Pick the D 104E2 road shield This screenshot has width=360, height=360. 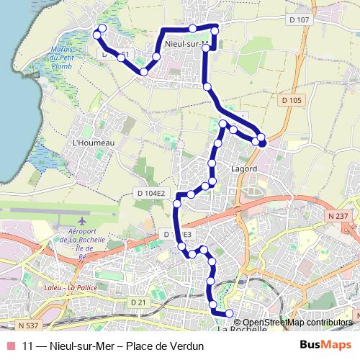click(x=150, y=193)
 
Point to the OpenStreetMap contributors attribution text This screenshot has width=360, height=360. click(x=297, y=322)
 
